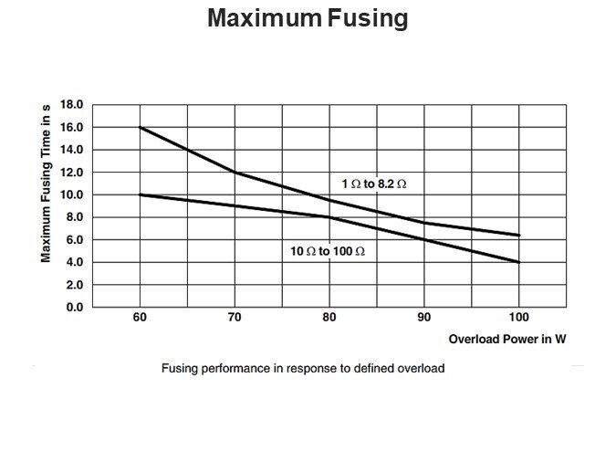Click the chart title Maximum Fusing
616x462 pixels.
click(x=308, y=18)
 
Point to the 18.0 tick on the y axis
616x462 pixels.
click(x=71, y=104)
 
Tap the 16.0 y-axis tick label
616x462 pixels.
click(x=71, y=127)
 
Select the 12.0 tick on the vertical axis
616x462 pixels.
click(x=71, y=172)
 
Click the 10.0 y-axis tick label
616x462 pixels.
click(x=71, y=194)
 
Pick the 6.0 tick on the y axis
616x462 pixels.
click(x=74, y=239)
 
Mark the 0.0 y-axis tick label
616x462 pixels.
click(x=74, y=308)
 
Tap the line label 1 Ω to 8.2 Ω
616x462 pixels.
click(x=374, y=184)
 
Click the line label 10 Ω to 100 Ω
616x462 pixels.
click(x=328, y=249)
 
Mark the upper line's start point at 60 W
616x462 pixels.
click(x=140, y=127)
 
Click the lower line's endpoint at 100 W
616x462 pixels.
click(x=519, y=262)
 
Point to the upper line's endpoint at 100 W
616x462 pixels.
click(x=519, y=236)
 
